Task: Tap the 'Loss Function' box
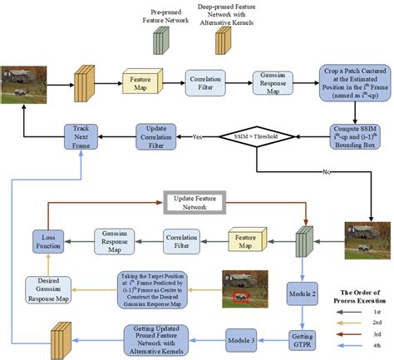coord(49,241)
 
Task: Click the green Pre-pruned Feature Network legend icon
coord(160,39)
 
